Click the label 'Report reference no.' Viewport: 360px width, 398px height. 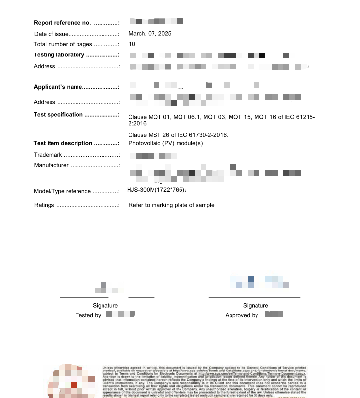pos(62,23)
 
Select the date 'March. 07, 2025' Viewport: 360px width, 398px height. pos(150,34)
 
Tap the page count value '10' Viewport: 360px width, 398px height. pos(132,44)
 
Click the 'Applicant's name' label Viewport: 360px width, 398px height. pos(57,87)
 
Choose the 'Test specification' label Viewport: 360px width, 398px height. pos(58,115)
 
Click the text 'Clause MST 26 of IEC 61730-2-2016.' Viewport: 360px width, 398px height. pos(178,135)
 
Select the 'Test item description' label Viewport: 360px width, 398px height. pos(63,143)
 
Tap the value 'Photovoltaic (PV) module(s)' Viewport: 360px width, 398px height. pos(165,143)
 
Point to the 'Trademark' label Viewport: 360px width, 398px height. pos(48,155)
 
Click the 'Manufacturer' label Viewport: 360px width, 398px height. pos(51,165)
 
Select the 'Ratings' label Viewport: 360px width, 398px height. pos(44,205)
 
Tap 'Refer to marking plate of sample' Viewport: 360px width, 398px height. pos(171,205)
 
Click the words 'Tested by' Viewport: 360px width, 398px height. pos(88,315)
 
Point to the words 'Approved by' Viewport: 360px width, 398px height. pos(241,315)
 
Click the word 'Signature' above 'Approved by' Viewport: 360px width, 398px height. pos(256,306)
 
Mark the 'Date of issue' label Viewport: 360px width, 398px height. pos(51,34)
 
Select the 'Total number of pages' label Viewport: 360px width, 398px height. pos(63,44)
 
